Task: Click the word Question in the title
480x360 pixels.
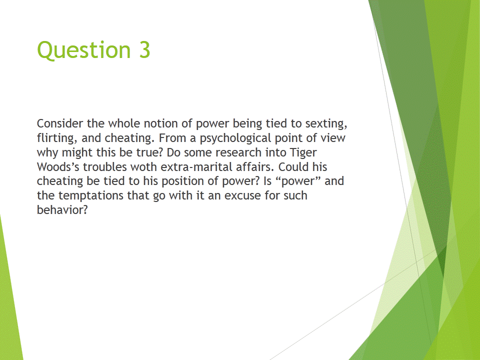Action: click(x=84, y=50)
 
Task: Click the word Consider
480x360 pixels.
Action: click(x=60, y=123)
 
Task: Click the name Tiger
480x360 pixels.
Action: click(x=303, y=153)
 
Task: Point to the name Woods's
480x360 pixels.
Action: click(x=58, y=167)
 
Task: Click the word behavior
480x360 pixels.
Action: click(x=62, y=210)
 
